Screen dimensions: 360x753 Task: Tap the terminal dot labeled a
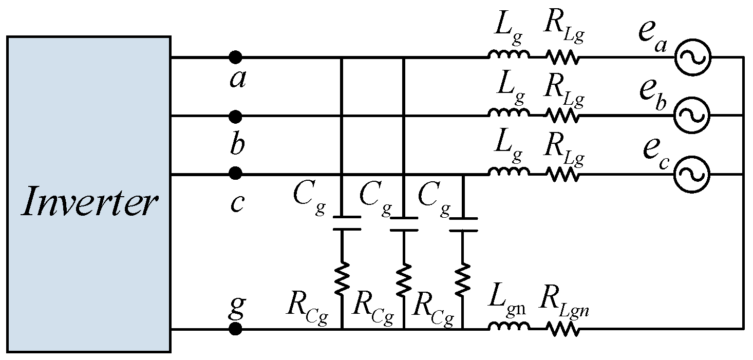tap(235, 57)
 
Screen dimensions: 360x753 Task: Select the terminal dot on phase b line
tap(235, 117)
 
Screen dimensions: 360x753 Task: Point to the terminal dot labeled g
tap(235, 329)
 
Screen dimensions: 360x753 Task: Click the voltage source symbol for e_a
tap(692, 57)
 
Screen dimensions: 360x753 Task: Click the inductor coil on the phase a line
tap(509, 55)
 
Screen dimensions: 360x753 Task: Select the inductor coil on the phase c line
tap(509, 172)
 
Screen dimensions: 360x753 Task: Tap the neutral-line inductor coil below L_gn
tap(509, 327)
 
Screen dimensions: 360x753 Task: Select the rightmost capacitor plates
tap(463, 224)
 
